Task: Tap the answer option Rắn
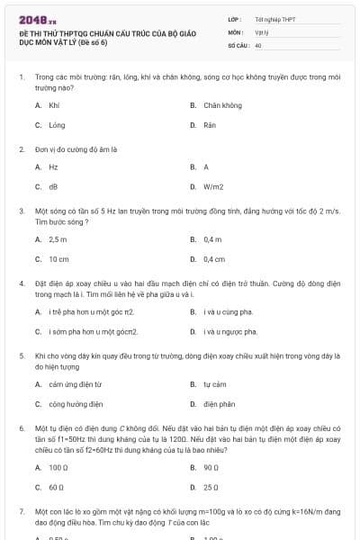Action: [x=209, y=126]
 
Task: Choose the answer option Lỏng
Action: [x=57, y=126]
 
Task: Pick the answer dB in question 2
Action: [x=52, y=187]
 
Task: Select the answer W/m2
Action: [x=213, y=187]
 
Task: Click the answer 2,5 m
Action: [x=58, y=239]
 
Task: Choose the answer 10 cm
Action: [x=58, y=259]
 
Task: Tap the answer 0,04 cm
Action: [x=213, y=259]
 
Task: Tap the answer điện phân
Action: [x=219, y=404]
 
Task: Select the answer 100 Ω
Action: [x=58, y=467]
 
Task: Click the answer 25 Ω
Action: [x=211, y=487]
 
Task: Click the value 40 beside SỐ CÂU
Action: [x=258, y=44]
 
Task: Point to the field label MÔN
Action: [x=235, y=31]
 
